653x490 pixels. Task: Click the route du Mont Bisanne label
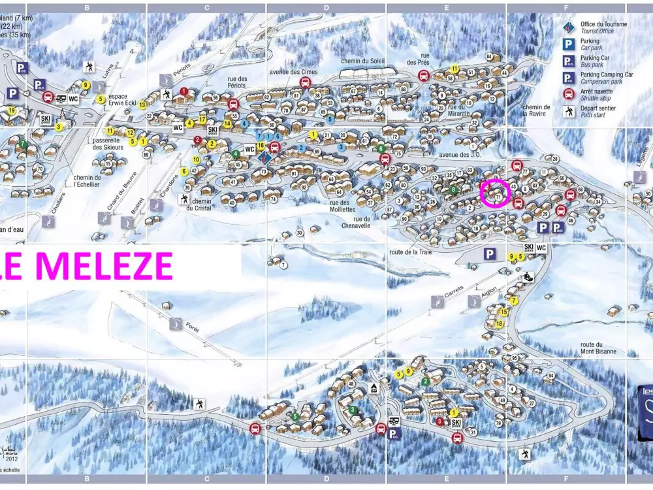pyautogui.click(x=598, y=348)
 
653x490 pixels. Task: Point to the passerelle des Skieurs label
pyautogui.click(x=108, y=143)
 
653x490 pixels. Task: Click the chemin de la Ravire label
pyautogui.click(x=536, y=110)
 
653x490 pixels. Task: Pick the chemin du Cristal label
pyautogui.click(x=201, y=205)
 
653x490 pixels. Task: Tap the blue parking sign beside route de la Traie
pyautogui.click(x=490, y=253)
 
